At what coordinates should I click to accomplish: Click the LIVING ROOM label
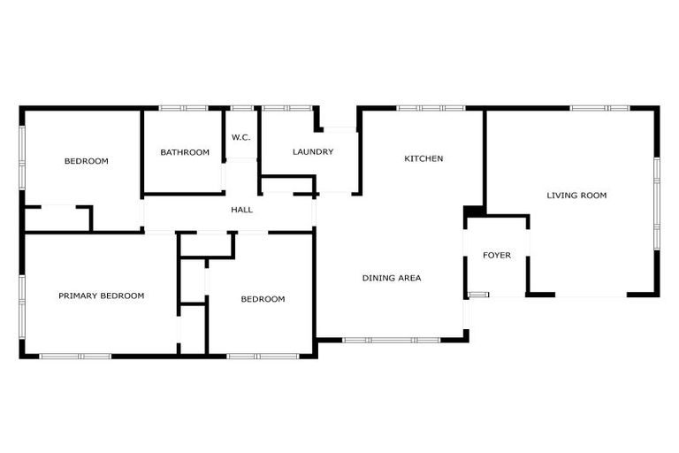pos(576,196)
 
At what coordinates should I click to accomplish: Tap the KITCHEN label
pos(423,159)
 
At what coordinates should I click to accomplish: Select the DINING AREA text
pos(392,278)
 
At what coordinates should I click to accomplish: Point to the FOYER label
pos(497,256)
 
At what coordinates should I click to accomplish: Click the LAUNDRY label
pos(313,152)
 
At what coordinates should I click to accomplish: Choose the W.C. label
pos(241,137)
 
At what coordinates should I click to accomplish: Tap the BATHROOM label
pos(185,152)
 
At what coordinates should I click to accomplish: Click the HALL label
pos(241,210)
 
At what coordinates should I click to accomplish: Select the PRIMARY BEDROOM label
pos(101,296)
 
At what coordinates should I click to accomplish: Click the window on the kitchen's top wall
pos(431,108)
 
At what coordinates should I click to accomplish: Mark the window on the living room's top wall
pos(599,108)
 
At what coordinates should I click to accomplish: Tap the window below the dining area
pos(384,339)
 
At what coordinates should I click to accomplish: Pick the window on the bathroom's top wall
pos(184,108)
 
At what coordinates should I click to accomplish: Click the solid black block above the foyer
pos(474,211)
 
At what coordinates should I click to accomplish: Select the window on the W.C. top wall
pos(241,108)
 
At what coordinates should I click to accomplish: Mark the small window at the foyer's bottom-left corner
pos(478,294)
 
